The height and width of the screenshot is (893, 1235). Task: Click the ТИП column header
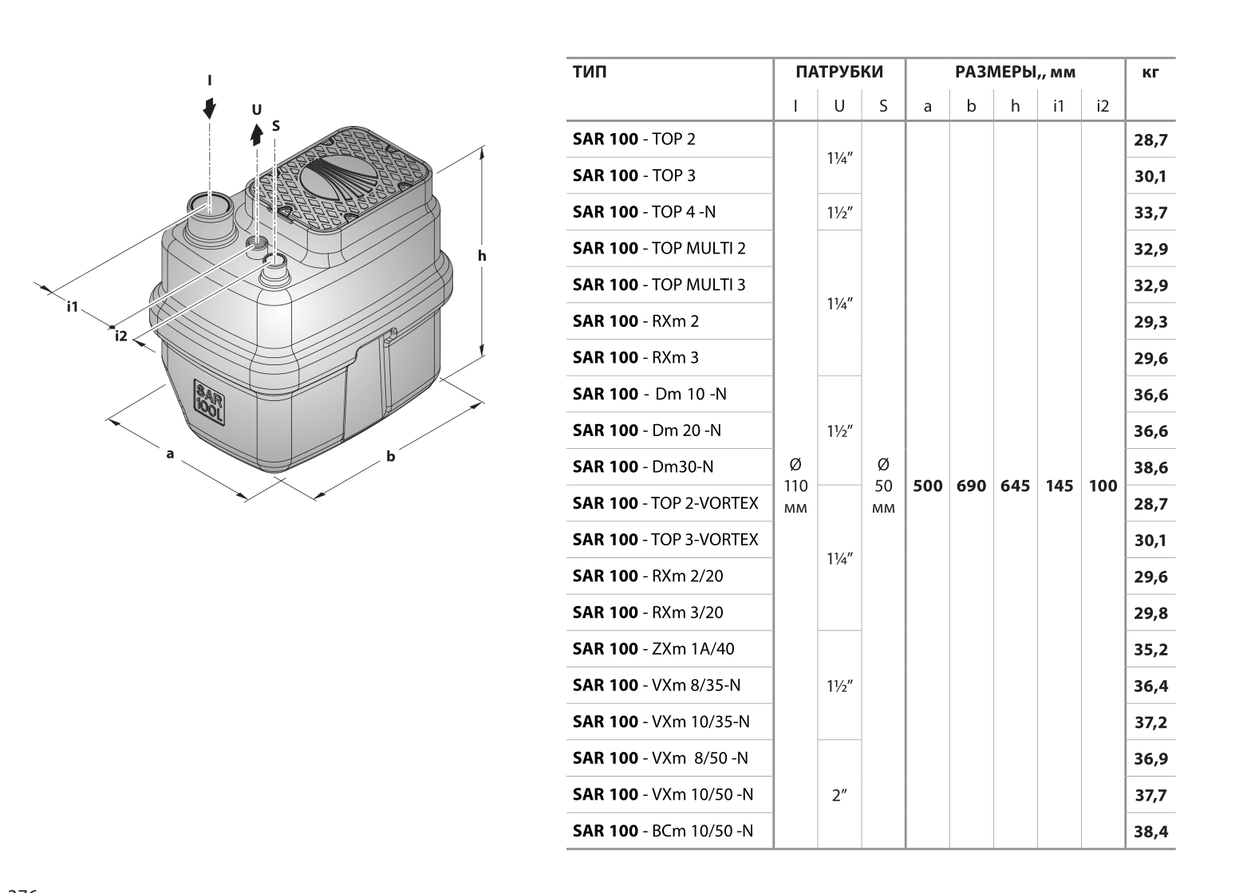coord(590,73)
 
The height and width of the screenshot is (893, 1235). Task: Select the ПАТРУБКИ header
coord(839,73)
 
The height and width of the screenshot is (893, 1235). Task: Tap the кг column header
coord(1150,73)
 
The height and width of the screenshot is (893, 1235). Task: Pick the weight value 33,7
coord(1150,213)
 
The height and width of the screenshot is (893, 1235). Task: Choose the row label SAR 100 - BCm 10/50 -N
coord(662,831)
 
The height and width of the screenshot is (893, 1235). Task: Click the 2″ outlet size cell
coord(838,796)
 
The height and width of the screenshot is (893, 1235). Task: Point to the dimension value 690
coord(971,486)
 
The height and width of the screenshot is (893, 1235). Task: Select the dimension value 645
coord(1015,486)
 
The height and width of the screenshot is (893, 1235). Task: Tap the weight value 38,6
coord(1150,468)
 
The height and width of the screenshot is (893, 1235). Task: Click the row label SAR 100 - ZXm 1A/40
coord(653,649)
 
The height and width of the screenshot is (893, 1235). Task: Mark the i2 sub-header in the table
coord(1102,105)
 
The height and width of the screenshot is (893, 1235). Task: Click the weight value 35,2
coord(1150,650)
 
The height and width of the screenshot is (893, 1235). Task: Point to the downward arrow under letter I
coord(209,108)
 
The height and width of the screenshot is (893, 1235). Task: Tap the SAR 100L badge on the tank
coord(209,401)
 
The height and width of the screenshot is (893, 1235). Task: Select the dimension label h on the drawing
coord(481,256)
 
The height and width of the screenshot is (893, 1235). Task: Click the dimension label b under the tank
coord(390,458)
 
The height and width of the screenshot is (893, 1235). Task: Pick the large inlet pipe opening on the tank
coord(210,205)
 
